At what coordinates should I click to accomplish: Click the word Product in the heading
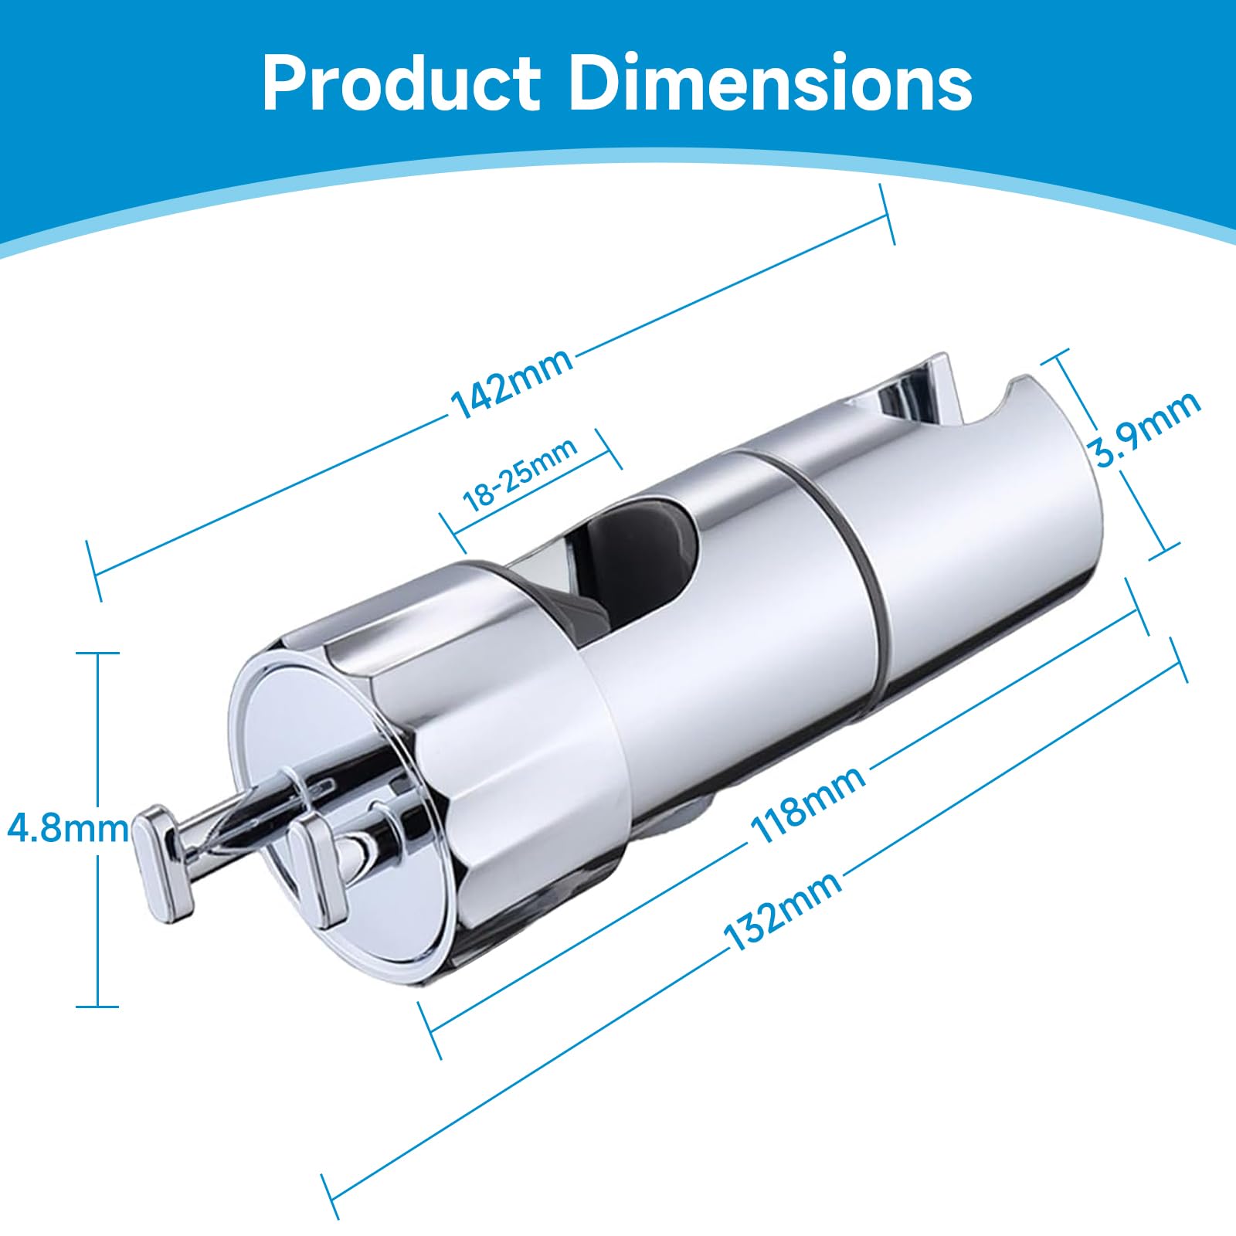[401, 84]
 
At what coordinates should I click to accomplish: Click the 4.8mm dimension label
[67, 829]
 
